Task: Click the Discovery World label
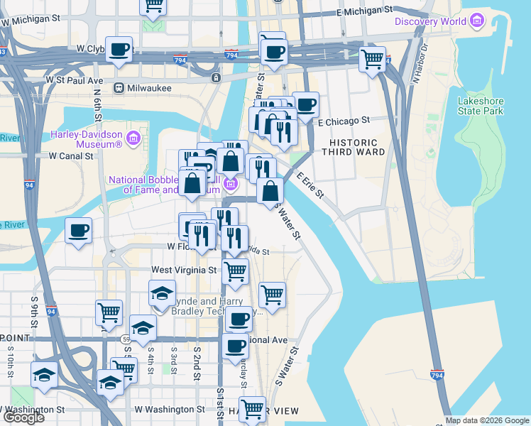pyautogui.click(x=430, y=21)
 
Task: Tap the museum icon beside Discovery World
pyautogui.click(x=476, y=21)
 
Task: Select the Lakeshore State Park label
pyautogui.click(x=481, y=106)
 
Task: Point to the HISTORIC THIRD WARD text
pyautogui.click(x=353, y=146)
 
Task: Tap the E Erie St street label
pyautogui.click(x=310, y=184)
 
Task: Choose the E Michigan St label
pyautogui.click(x=364, y=12)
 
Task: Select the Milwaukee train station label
pyautogui.click(x=150, y=88)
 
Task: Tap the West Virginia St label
pyautogui.click(x=183, y=271)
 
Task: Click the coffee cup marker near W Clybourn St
pyautogui.click(x=119, y=50)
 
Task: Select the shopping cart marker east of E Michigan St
pyautogui.click(x=372, y=60)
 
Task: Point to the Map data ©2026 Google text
pyautogui.click(x=487, y=420)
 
